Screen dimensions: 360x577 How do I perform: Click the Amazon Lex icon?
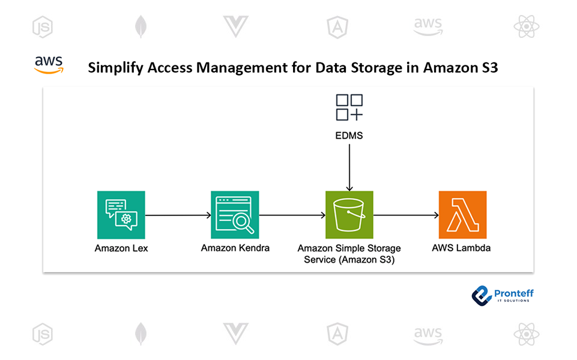click(121, 215)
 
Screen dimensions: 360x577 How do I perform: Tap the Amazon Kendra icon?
click(235, 215)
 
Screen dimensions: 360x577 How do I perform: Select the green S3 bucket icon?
click(349, 215)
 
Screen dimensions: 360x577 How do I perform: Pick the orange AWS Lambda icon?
click(462, 215)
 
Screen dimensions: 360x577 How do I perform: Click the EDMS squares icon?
click(349, 108)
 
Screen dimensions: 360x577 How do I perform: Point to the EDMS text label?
click(349, 136)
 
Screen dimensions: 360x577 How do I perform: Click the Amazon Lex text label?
click(121, 248)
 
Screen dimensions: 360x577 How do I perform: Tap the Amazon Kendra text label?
click(235, 248)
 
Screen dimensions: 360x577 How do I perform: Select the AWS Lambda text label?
click(462, 248)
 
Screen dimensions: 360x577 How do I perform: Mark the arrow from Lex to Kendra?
click(178, 215)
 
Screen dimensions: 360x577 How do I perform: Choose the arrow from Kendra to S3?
click(292, 215)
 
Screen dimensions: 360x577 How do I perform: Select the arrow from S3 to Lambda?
click(406, 215)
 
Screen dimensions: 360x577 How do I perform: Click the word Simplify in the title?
click(114, 68)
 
